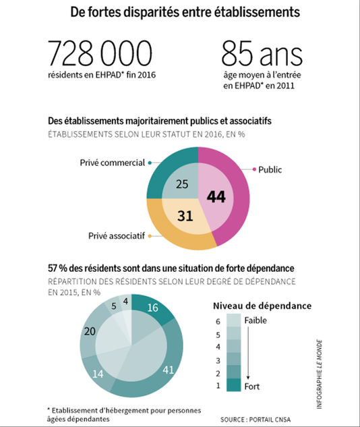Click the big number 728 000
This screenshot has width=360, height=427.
coord(100,53)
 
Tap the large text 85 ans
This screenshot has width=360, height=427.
coord(262,53)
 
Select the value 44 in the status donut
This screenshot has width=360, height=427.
coord(216,196)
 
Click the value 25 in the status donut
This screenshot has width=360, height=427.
coord(182,184)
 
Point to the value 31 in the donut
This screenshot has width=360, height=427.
coord(185,216)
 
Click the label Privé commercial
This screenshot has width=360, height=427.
coord(112,163)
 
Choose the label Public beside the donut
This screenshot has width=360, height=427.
coord(270,170)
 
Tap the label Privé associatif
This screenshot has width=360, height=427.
coord(116,235)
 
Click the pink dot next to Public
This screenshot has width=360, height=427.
coord(254,169)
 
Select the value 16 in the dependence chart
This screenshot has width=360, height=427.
coord(152,308)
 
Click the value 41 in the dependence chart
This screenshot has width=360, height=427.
coord(168,370)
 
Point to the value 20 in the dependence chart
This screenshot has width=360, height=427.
coord(90,331)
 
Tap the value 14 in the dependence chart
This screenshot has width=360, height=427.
coord(98,374)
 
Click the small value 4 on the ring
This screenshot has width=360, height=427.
coord(125,301)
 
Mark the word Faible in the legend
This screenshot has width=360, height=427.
coord(256,320)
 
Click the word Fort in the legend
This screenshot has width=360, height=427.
coord(251,386)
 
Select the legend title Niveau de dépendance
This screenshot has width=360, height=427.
coord(262,306)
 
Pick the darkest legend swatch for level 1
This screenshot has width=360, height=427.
coord(234,385)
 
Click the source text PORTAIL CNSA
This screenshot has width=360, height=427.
coord(270,420)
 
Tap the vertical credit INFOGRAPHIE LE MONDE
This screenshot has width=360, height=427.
coord(320,374)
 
